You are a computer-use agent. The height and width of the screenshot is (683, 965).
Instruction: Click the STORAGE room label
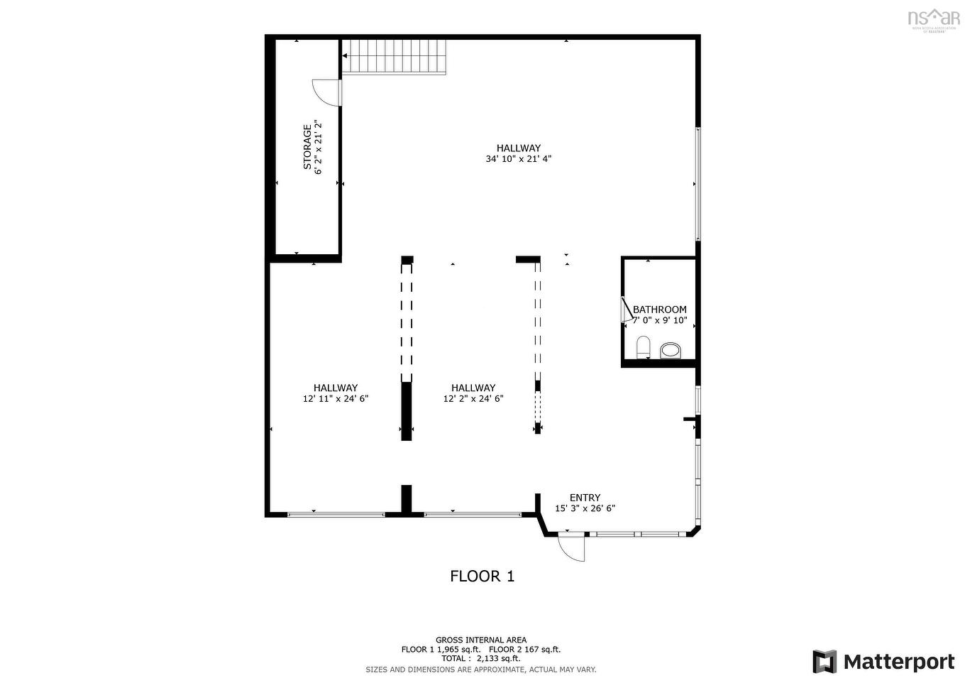click(x=307, y=147)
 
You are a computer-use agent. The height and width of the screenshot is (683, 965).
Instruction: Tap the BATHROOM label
click(x=659, y=310)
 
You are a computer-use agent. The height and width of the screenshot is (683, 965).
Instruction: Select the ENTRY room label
click(x=585, y=498)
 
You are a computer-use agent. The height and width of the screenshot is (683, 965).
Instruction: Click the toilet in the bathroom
click(x=643, y=348)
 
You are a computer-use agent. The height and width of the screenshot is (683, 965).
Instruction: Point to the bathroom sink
click(x=670, y=350)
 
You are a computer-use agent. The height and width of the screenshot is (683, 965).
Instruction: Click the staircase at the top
click(x=394, y=57)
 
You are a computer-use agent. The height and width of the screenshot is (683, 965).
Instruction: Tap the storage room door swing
click(x=324, y=91)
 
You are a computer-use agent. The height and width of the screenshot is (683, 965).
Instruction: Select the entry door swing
click(x=571, y=547)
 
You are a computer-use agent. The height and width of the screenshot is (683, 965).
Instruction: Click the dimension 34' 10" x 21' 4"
click(x=519, y=159)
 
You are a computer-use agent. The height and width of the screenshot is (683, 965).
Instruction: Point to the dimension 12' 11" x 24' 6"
click(x=336, y=399)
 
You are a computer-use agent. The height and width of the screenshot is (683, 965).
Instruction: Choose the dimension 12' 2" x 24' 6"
click(x=473, y=399)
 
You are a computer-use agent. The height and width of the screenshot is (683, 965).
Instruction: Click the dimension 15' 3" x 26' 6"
click(x=585, y=508)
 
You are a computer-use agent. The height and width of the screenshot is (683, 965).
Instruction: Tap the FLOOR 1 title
click(x=482, y=576)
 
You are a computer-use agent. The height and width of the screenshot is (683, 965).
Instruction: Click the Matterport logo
click(x=883, y=662)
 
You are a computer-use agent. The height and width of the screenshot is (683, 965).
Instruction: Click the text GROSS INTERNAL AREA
click(x=481, y=640)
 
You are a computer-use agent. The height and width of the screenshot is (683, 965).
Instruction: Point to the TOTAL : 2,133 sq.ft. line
click(x=481, y=659)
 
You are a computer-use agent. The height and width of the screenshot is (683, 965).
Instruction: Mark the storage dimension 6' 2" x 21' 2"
click(x=319, y=147)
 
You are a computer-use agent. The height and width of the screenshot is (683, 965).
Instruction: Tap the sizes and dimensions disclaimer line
click(x=481, y=670)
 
